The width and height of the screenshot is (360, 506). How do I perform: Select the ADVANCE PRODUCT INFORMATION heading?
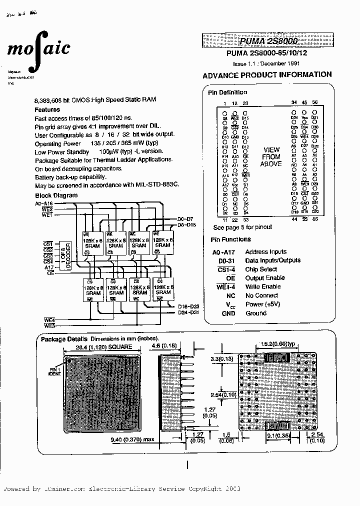tap(267, 75)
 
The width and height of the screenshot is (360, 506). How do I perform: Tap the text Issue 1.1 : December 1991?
tap(266, 64)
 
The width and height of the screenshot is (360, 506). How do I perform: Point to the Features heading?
tap(47, 109)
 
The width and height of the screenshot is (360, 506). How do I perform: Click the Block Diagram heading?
tap(56, 195)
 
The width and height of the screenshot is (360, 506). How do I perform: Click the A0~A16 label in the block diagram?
tap(43, 204)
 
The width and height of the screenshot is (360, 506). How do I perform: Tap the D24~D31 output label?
tap(189, 313)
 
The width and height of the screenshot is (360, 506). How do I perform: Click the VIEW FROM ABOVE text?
tap(271, 156)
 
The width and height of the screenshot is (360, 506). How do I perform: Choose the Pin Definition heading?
tap(227, 92)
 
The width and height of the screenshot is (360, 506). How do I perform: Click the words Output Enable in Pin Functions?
tap(265, 277)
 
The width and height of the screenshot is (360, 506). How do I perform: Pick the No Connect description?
tap(261, 295)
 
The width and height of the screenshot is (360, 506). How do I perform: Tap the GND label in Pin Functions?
tap(228, 313)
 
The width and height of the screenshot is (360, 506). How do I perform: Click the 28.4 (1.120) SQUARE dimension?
tap(104, 346)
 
